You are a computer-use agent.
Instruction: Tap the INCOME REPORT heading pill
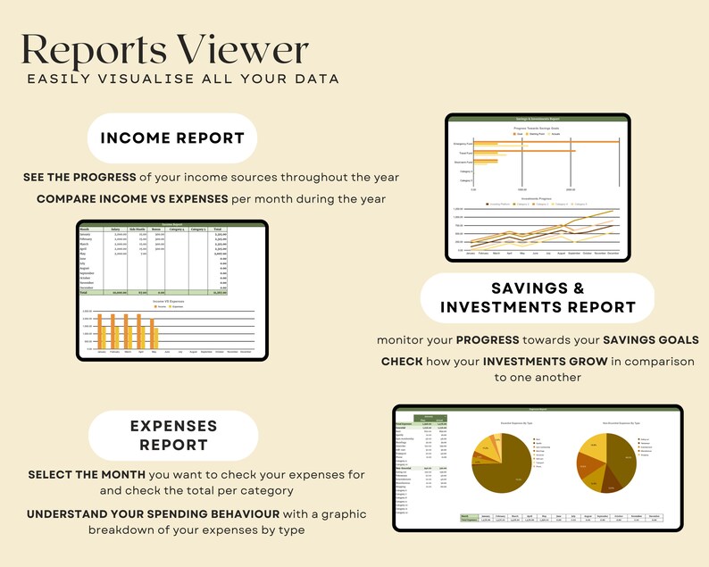(172, 138)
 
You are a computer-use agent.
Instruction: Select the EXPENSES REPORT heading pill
(172, 434)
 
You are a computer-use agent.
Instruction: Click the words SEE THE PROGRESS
(79, 177)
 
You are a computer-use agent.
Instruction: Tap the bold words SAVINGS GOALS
(648, 340)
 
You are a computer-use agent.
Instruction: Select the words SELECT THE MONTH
(80, 473)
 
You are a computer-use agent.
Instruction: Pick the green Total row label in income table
(85, 292)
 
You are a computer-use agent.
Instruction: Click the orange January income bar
(100, 330)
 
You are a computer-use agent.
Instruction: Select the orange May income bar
(153, 330)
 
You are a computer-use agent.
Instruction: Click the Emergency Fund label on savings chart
(463, 143)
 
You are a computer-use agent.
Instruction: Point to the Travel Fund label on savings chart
(463, 153)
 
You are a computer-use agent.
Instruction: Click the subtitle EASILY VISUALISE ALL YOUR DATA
(183, 79)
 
